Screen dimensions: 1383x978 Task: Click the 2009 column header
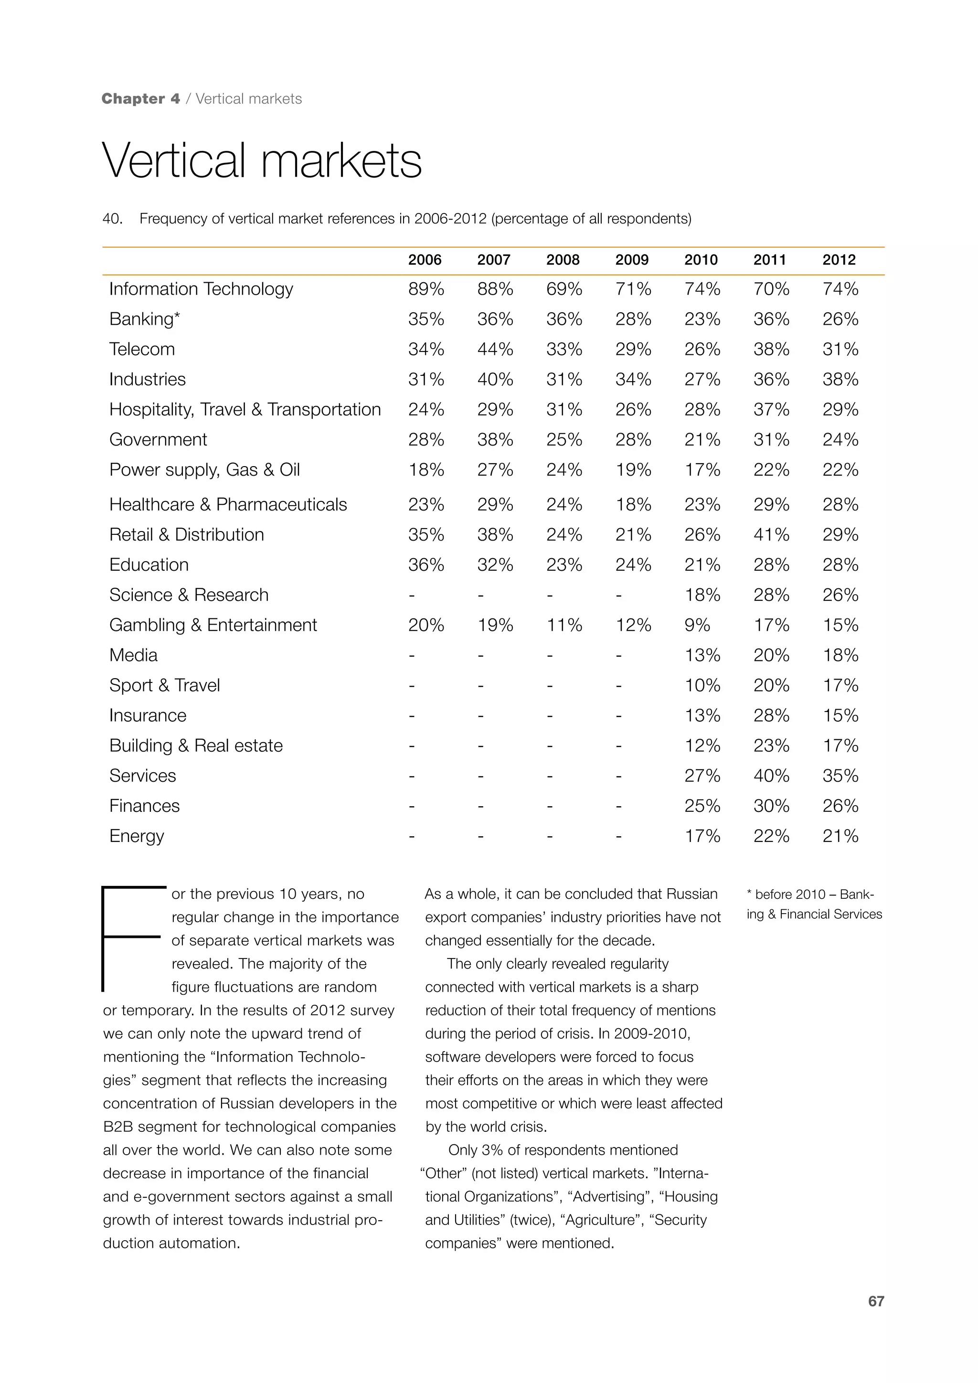point(632,260)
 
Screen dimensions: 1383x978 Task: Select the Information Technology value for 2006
point(426,289)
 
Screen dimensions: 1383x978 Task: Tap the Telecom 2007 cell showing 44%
point(495,350)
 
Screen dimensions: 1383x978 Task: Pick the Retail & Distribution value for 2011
point(771,535)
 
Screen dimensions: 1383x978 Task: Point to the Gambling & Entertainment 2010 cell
point(697,625)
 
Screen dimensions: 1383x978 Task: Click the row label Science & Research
point(189,595)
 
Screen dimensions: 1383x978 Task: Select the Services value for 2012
point(840,776)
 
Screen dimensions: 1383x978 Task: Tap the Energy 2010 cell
point(702,836)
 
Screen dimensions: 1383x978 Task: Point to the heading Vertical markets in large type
point(262,161)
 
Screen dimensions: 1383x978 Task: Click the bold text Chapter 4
point(141,99)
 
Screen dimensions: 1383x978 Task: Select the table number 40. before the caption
point(112,219)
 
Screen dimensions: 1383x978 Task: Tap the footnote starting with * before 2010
point(814,904)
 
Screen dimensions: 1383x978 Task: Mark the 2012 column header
point(839,260)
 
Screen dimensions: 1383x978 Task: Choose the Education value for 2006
point(426,565)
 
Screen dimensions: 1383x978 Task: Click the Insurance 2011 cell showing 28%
point(771,715)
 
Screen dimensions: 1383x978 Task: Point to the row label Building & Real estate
point(196,746)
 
